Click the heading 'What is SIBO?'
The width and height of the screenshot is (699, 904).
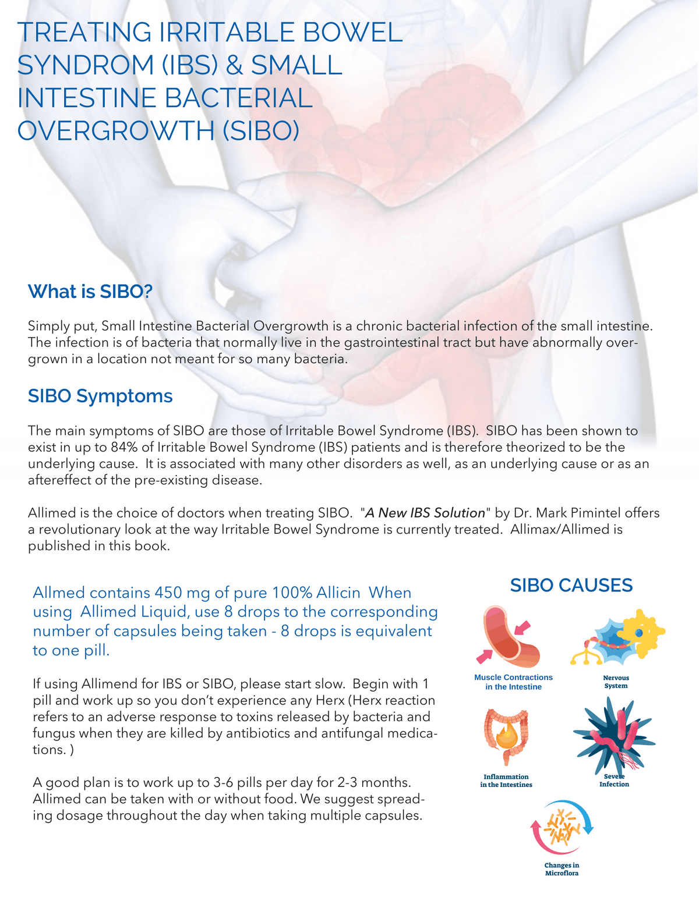pos(90,292)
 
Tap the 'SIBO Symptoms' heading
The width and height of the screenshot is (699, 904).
pos(100,396)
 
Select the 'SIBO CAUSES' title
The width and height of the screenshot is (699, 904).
pos(571,586)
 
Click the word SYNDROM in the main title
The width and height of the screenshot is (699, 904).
pos(83,65)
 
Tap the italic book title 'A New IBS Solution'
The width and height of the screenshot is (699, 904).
pos(425,513)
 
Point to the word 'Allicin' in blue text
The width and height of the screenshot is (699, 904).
pos(338,593)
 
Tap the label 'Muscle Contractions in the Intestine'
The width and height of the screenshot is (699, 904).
pos(513,682)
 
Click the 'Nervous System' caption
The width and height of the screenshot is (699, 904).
pos(616,682)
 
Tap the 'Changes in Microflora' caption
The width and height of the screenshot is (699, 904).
pos(562,869)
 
